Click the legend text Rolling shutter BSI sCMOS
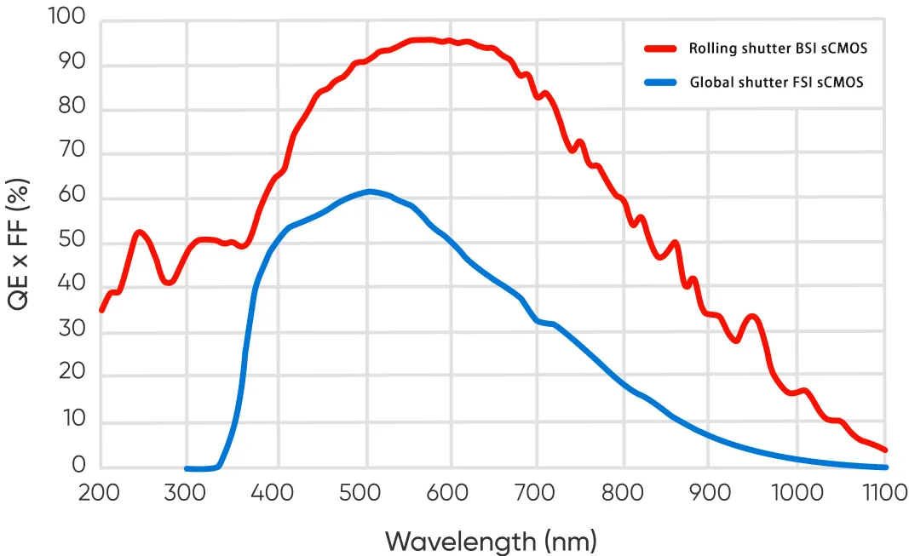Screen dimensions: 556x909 (x=778, y=49)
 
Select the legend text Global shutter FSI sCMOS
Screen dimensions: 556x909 (x=777, y=83)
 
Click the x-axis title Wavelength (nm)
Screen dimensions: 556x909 (x=491, y=540)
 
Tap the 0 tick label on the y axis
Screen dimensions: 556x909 (x=79, y=464)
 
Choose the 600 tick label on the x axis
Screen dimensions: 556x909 (x=449, y=492)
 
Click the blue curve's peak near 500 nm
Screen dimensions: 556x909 (x=368, y=191)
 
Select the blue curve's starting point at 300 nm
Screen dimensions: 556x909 (x=187, y=468)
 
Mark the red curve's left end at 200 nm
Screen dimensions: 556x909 (x=101, y=311)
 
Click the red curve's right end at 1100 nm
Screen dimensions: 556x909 (x=886, y=450)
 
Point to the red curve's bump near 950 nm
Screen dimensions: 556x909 (x=752, y=316)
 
